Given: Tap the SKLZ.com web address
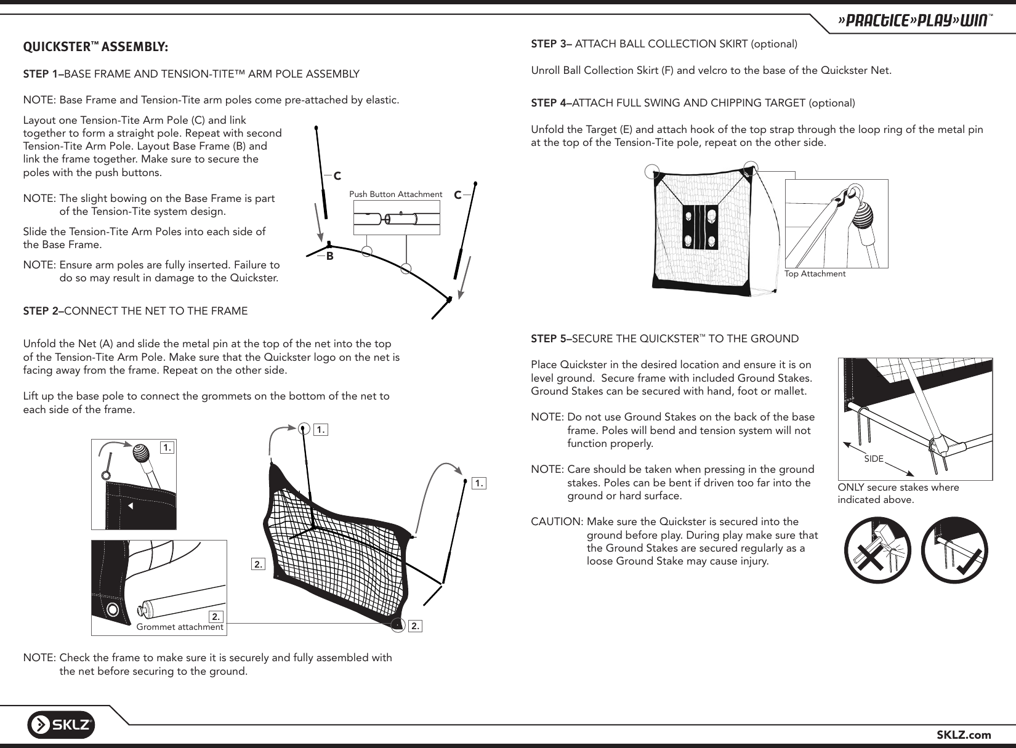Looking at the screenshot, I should (964, 734).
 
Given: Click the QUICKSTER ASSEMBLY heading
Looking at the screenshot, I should (95, 47).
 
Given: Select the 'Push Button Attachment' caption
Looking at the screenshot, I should (395, 195).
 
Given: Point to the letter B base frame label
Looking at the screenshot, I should (330, 256).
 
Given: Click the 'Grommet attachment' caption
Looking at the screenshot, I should (179, 627).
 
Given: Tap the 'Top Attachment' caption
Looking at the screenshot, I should (815, 273).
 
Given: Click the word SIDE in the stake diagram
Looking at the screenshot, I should (874, 459).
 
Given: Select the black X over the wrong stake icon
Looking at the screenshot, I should (876, 550).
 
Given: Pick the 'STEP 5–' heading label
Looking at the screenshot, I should (552, 339).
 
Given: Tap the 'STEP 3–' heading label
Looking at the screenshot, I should (552, 44).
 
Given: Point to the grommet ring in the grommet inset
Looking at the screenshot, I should (112, 609).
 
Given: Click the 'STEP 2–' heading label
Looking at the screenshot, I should (43, 311).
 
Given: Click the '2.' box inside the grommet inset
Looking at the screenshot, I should (216, 616).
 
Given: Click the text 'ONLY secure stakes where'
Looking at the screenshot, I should (898, 488).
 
